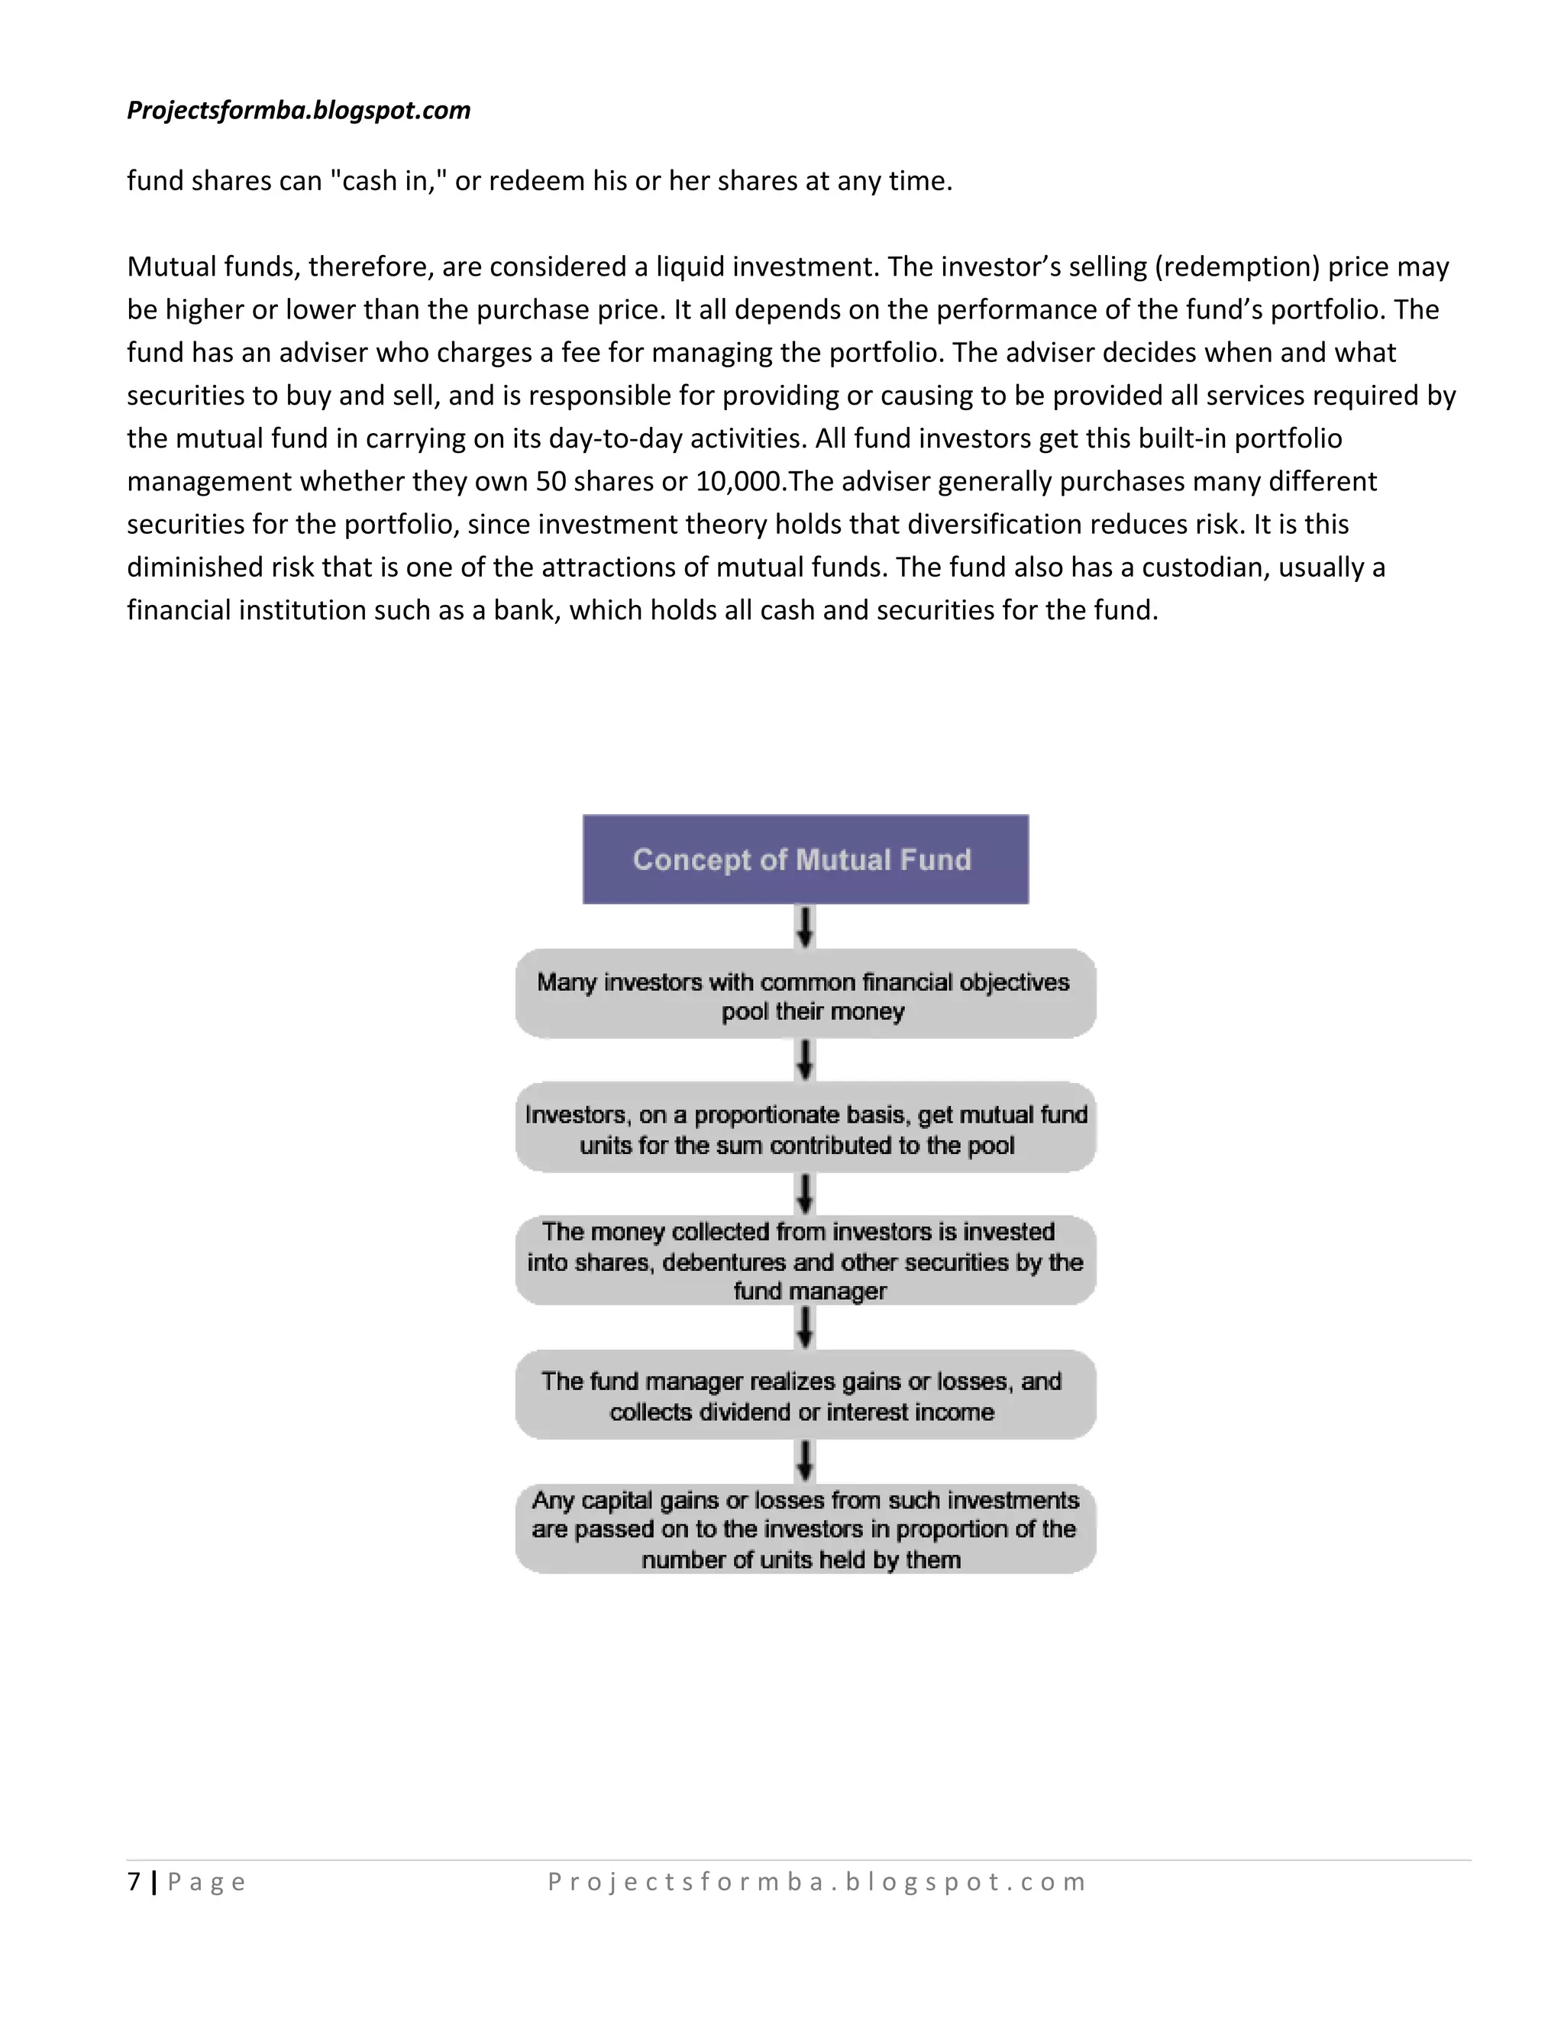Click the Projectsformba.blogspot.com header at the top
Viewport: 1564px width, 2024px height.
click(x=299, y=110)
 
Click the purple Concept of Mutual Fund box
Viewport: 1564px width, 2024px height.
click(x=805, y=859)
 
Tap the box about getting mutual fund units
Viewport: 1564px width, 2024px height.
click(x=805, y=1129)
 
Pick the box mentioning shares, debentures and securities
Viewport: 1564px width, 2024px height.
click(x=805, y=1261)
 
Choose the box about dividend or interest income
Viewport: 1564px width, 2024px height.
click(x=805, y=1395)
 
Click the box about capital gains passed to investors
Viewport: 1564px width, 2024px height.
click(x=805, y=1529)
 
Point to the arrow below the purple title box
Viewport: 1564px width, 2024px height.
click(x=805, y=926)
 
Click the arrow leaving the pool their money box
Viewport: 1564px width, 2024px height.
click(x=805, y=1060)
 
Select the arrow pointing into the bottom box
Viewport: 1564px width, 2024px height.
click(x=805, y=1461)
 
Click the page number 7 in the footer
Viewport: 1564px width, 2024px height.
click(x=134, y=1882)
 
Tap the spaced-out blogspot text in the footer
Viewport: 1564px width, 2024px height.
click(x=816, y=1882)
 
